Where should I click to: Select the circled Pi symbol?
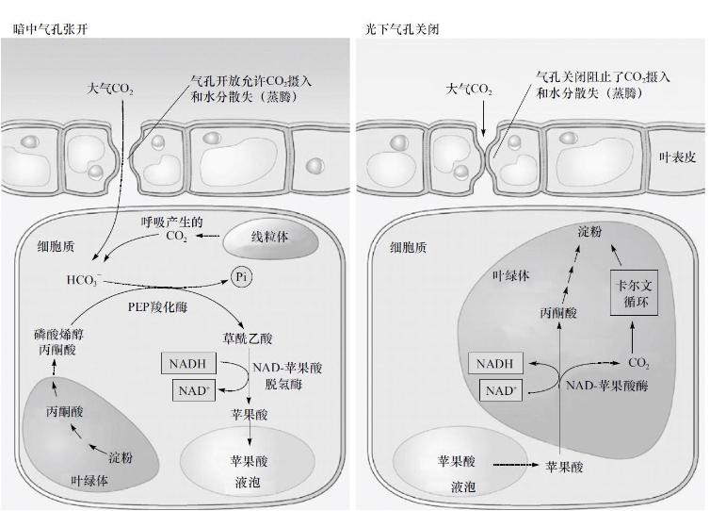pos(240,277)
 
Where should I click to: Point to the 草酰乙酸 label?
pos(248,338)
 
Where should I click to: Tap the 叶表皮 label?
pos(676,157)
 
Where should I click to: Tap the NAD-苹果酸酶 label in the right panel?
pos(606,386)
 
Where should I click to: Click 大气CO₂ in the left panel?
pos(110,89)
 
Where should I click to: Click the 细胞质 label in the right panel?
pos(410,248)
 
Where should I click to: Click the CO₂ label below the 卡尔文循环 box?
pos(638,362)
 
